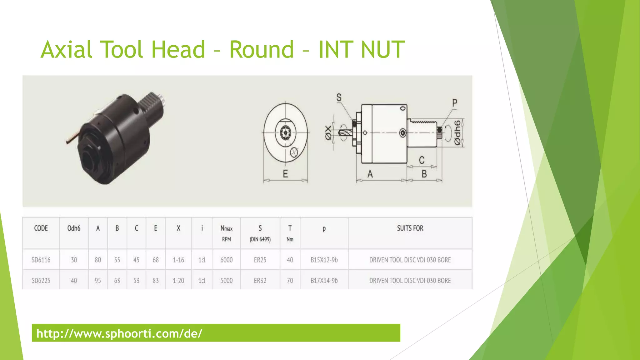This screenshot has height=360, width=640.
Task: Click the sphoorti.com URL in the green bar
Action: pyautogui.click(x=119, y=333)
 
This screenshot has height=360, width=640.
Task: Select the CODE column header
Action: pyautogui.click(x=41, y=228)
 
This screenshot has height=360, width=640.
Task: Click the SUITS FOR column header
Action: pyautogui.click(x=410, y=228)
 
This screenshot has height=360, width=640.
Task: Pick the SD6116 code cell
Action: pyautogui.click(x=41, y=260)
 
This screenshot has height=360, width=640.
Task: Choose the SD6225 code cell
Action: pyautogui.click(x=41, y=281)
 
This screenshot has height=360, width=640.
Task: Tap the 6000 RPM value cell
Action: pyautogui.click(x=227, y=260)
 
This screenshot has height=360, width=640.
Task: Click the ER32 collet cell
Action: pyautogui.click(x=260, y=281)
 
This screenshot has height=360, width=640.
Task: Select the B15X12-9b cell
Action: pyautogui.click(x=324, y=260)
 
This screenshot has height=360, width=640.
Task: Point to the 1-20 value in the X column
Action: pyautogui.click(x=178, y=281)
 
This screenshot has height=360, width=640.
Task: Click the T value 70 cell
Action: pyautogui.click(x=290, y=281)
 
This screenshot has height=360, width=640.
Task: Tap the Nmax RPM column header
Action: pyautogui.click(x=227, y=233)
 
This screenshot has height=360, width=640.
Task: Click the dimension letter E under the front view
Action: pyautogui.click(x=285, y=174)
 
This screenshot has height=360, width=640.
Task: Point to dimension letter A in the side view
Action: pyautogui.click(x=370, y=174)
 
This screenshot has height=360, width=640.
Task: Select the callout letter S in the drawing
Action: pyautogui.click(x=339, y=98)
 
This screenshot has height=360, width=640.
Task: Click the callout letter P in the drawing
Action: pyautogui.click(x=455, y=103)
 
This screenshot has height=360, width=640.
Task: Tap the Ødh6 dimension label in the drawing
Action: pyautogui.click(x=457, y=133)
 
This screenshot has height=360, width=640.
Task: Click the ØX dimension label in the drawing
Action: pyautogui.click(x=328, y=133)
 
